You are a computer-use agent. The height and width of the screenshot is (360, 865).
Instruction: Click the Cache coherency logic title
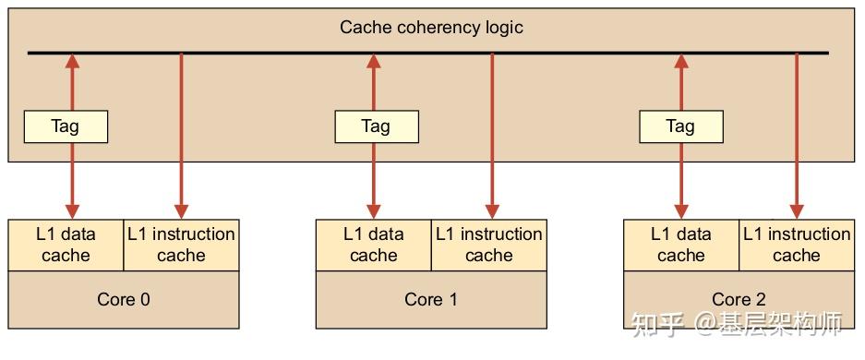(431, 27)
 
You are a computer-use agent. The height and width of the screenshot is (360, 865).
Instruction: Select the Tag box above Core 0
(66, 126)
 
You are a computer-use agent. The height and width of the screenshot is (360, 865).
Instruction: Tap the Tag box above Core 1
(376, 126)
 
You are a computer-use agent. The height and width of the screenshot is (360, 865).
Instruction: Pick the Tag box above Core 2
(680, 126)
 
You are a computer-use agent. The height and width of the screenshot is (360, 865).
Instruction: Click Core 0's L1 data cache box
(66, 245)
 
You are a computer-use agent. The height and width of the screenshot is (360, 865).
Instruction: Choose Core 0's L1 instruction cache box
(181, 245)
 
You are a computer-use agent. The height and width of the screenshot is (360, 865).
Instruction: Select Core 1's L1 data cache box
(374, 245)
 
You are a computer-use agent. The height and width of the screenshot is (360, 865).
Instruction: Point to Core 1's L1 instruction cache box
(488, 245)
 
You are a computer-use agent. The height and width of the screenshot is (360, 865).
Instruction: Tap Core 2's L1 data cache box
(681, 245)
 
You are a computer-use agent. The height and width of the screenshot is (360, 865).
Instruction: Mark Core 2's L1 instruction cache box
(797, 245)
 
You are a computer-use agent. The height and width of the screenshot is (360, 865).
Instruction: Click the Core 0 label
(123, 299)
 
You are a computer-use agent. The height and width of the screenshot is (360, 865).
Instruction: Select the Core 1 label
(430, 299)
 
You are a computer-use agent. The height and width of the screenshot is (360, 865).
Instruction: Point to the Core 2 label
(739, 299)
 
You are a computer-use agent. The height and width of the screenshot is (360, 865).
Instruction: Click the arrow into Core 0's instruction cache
(181, 138)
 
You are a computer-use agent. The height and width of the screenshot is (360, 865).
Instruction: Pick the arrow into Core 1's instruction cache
(492, 138)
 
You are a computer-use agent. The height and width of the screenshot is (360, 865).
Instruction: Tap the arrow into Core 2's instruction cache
(797, 138)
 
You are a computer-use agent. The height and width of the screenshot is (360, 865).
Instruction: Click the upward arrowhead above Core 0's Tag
(72, 61)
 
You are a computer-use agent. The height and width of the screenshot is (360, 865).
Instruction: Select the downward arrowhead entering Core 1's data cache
(374, 210)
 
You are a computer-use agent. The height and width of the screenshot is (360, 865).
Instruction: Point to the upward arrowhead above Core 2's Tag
(681, 61)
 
